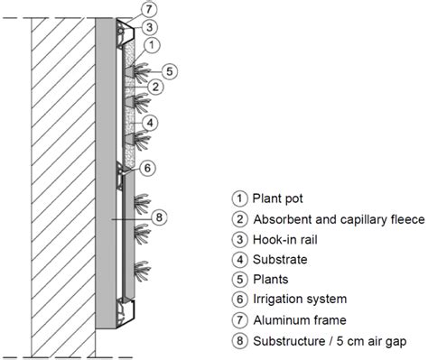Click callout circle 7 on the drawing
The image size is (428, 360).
149,10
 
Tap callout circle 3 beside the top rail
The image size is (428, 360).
149,27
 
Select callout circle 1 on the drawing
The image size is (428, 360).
152,45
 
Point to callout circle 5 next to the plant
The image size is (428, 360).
170,71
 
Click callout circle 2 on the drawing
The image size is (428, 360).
155,87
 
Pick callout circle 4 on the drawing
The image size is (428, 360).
150,123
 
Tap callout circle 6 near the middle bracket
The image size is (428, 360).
147,168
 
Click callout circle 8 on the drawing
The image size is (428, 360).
159,217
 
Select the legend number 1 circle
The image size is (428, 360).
239,198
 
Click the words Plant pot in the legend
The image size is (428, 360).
277,198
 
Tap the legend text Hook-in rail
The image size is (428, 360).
285,240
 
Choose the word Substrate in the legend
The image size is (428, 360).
280,260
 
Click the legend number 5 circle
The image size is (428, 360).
239,280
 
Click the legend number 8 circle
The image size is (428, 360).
239,341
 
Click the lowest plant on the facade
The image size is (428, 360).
142,271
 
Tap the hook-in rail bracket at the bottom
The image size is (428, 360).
126,313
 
